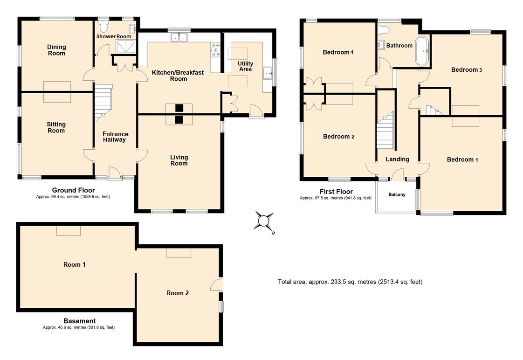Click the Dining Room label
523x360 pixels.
56,50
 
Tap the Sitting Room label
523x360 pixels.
56,127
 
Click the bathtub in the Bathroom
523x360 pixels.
422,50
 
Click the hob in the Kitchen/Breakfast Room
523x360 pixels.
216,50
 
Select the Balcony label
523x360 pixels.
397,194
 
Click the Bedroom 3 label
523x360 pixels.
466,70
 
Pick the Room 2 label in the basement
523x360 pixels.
178,293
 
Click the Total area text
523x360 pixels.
350,282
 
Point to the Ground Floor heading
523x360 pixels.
73,190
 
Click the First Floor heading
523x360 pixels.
336,191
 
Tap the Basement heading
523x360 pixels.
79,321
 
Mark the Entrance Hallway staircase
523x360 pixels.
103,103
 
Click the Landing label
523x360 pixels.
397,159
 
